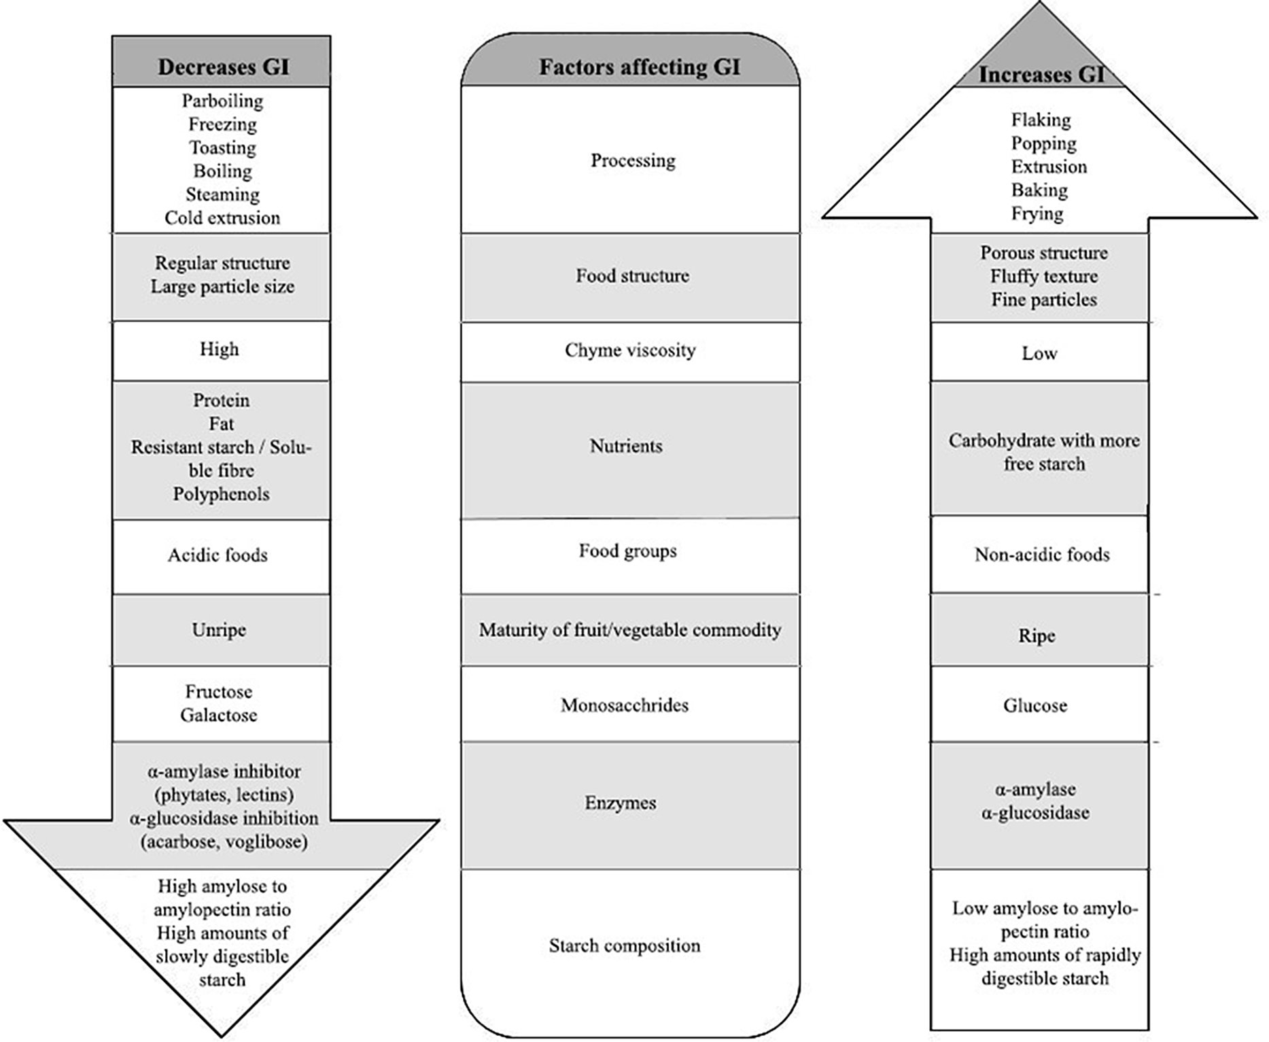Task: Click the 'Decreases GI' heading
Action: (224, 67)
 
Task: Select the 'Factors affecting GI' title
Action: (640, 67)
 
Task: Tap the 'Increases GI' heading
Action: (1041, 74)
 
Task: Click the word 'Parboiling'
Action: (222, 101)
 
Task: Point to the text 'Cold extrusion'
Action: (222, 218)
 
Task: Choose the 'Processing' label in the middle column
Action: (633, 160)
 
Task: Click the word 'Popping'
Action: (1043, 143)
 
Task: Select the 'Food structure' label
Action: (632, 275)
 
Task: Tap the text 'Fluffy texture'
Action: (1043, 276)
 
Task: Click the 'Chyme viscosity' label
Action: (630, 350)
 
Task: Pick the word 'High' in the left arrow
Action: (219, 349)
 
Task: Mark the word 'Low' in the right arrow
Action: (1039, 353)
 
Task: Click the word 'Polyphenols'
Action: (221, 494)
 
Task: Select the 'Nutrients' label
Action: (626, 446)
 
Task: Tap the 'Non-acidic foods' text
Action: (1042, 555)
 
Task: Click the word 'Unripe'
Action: (219, 630)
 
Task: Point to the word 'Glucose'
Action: (1035, 706)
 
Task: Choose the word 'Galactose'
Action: (219, 715)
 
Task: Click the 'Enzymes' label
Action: (621, 803)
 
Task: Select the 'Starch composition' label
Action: (625, 945)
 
